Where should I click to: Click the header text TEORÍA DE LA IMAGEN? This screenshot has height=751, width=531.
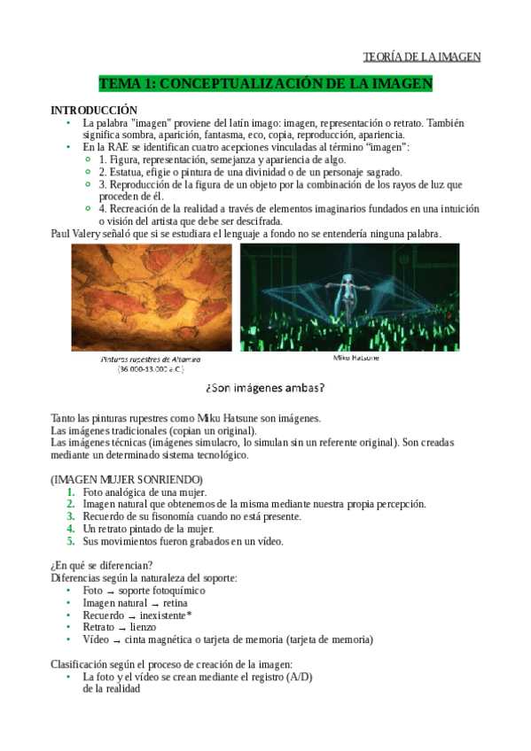(x=422, y=58)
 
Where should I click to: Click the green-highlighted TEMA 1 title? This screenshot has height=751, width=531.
(x=266, y=84)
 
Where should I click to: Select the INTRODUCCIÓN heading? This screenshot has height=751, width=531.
(x=94, y=110)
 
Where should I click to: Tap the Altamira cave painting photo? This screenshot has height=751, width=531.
(x=151, y=298)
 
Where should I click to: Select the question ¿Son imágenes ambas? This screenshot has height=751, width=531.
(x=264, y=388)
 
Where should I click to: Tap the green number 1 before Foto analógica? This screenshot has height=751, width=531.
(x=71, y=492)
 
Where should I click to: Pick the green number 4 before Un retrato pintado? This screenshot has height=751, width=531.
(x=71, y=529)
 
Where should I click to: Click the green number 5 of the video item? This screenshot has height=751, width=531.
(x=71, y=541)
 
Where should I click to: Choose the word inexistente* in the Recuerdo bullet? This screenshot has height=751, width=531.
(x=165, y=615)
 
